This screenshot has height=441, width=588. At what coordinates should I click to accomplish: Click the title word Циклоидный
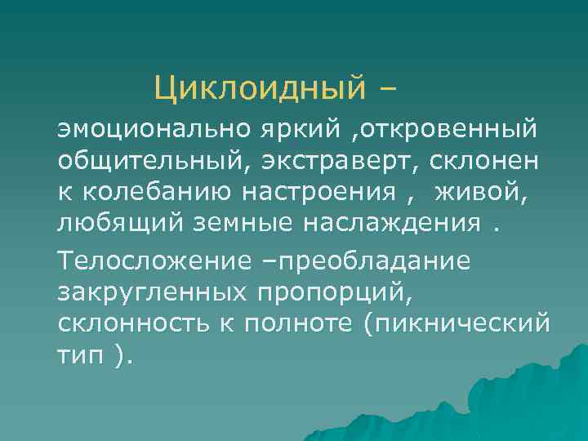coord(257,85)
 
